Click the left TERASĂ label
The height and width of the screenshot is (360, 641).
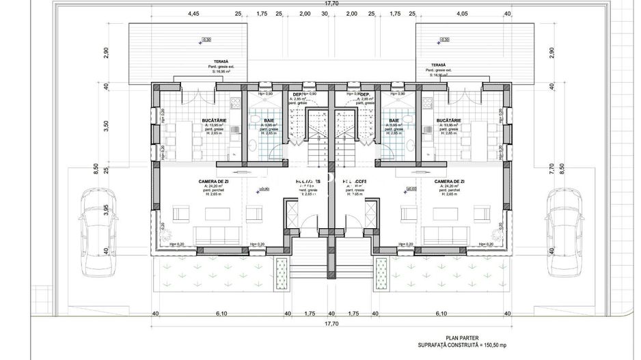pos(219,61)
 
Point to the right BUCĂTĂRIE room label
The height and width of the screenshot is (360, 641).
pos(449,121)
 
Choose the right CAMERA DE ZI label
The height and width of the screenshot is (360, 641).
pos(449,181)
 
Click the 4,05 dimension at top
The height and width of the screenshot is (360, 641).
pos(462,13)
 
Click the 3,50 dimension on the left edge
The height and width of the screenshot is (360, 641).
pos(107,126)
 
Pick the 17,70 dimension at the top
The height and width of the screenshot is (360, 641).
pos(331,3)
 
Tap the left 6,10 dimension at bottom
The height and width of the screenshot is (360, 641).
pos(221,314)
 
